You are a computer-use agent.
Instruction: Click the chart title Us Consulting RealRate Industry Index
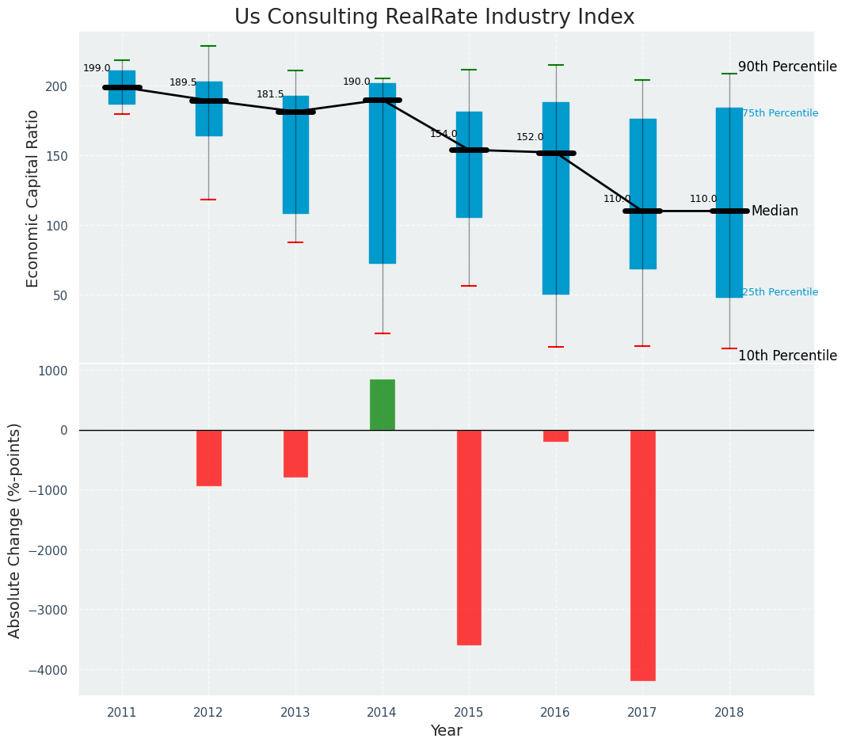tap(434, 17)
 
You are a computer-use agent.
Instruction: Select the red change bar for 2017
tap(642, 554)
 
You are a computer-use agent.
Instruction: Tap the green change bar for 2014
tap(383, 405)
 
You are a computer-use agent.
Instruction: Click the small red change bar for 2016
tap(556, 436)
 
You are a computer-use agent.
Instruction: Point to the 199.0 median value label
tap(97, 69)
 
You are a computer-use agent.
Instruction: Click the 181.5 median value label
tap(270, 95)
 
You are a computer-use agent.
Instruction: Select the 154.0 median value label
tap(443, 135)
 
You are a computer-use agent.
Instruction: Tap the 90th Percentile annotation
tap(787, 67)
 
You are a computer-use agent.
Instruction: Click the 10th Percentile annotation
tap(787, 356)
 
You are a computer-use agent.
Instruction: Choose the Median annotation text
tap(775, 211)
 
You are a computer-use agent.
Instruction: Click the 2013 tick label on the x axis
tap(295, 713)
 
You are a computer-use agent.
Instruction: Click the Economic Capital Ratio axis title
tap(33, 198)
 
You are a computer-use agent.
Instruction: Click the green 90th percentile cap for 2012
tap(208, 47)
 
